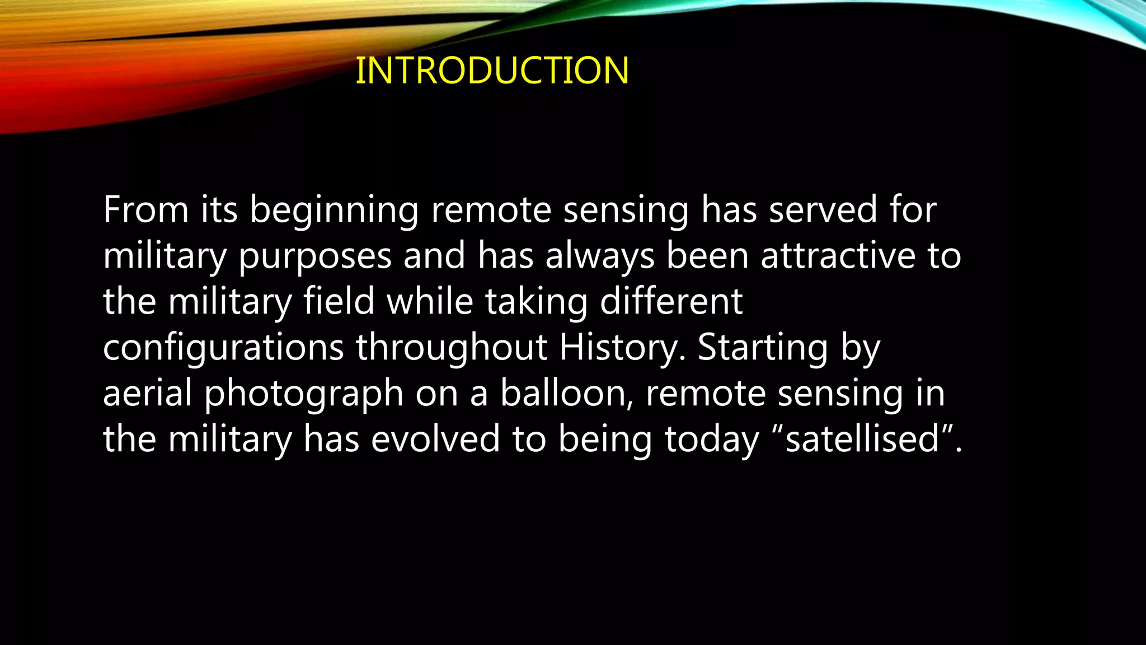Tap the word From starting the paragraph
(x=145, y=210)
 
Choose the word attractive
(x=838, y=256)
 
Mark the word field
(x=339, y=302)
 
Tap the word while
(x=430, y=302)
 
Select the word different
(x=671, y=302)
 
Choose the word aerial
(x=147, y=394)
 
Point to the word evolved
(x=435, y=440)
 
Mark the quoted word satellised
(x=862, y=440)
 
